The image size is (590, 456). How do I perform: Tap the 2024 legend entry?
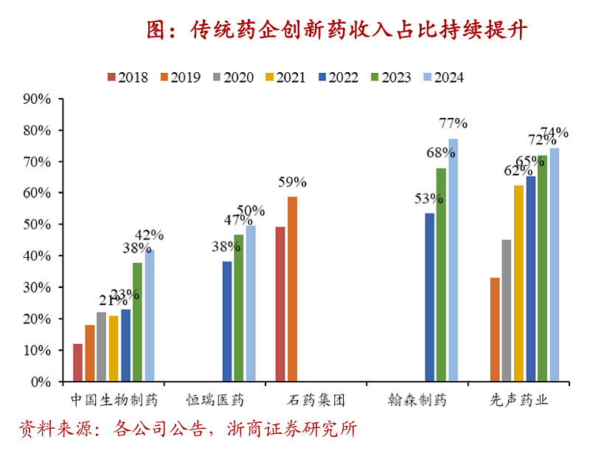pos(442,77)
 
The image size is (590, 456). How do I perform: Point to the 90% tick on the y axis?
pos(36,99)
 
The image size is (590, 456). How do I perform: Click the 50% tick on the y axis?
pos(36,225)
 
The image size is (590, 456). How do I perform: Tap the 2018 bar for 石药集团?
pos(280,304)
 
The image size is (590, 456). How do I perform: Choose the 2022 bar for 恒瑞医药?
pos(227,321)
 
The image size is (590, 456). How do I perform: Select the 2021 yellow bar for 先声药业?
pos(518,284)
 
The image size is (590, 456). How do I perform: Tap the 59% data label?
pos(291,182)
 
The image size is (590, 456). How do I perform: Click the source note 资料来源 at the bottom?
pos(188,429)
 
